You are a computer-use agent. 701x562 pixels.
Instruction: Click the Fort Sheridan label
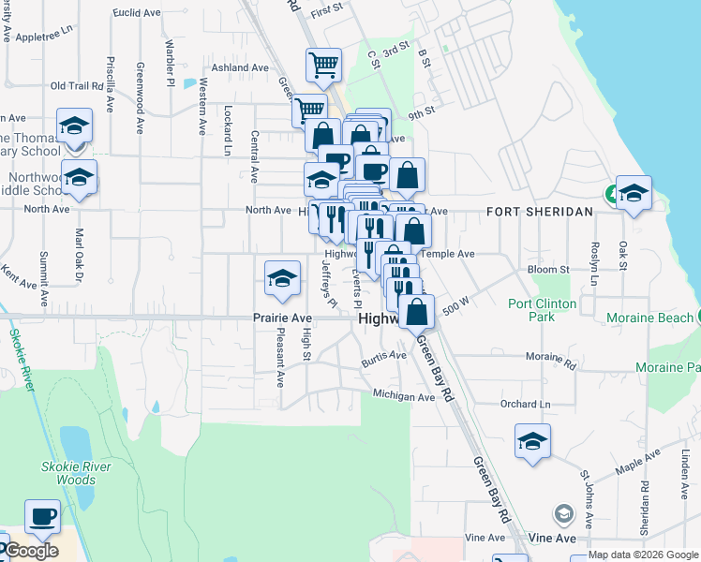(x=540, y=212)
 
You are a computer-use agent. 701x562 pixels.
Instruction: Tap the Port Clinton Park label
(x=544, y=310)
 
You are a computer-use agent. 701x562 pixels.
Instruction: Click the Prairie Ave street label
(x=282, y=318)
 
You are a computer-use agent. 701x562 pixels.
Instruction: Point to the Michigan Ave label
(x=404, y=397)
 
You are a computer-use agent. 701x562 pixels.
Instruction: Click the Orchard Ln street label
(x=525, y=405)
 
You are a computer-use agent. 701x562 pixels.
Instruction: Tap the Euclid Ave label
(x=136, y=13)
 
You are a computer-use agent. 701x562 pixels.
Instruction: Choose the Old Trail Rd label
(x=76, y=86)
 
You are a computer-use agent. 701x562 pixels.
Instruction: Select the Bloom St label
(x=549, y=270)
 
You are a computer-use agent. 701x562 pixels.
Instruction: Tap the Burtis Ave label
(x=384, y=356)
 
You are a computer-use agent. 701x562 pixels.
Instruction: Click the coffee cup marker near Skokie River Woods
(x=42, y=516)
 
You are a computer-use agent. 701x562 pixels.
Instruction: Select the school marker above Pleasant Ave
(x=282, y=276)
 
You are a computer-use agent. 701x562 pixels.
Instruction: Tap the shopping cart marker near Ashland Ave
(x=323, y=66)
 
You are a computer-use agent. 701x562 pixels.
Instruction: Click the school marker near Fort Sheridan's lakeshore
(x=634, y=192)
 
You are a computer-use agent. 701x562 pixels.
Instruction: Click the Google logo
(x=30, y=551)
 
